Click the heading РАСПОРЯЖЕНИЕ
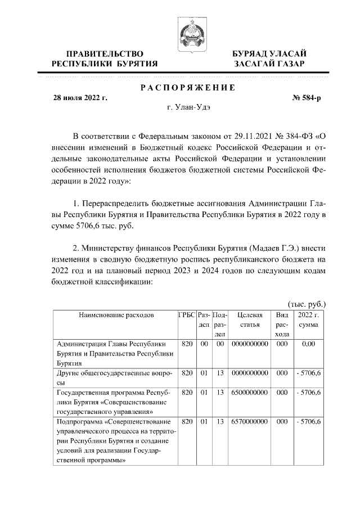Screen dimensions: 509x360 click(187, 87)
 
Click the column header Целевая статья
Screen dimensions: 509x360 click(249, 320)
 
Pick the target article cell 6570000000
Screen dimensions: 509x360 click(249, 421)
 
